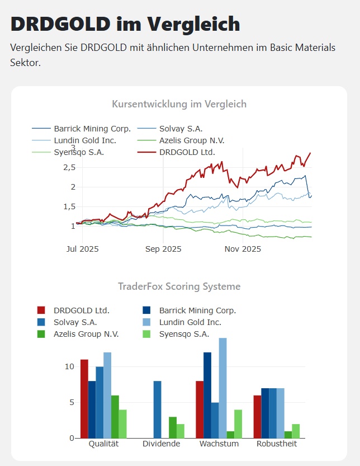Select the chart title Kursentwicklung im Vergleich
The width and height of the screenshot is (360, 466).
click(x=179, y=104)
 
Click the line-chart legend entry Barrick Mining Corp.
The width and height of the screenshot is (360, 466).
click(x=92, y=129)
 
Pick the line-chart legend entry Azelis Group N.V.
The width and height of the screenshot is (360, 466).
click(x=192, y=140)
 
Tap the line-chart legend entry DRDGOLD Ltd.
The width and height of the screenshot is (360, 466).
click(x=187, y=152)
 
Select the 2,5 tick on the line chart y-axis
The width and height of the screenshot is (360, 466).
click(x=69, y=167)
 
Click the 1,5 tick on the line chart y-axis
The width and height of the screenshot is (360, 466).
click(x=69, y=206)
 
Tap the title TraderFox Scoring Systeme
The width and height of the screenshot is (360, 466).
click(x=179, y=286)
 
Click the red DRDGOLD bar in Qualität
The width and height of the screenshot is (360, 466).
click(x=84, y=398)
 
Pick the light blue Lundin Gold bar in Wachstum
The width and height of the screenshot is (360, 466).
click(x=222, y=388)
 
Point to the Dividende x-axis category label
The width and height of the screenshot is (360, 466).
click(x=162, y=444)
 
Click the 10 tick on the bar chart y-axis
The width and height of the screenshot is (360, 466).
click(x=69, y=366)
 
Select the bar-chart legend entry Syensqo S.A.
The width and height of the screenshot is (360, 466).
click(x=184, y=334)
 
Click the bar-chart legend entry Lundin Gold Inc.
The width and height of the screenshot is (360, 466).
click(x=190, y=322)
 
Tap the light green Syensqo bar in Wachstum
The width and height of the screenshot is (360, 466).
click(x=238, y=423)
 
